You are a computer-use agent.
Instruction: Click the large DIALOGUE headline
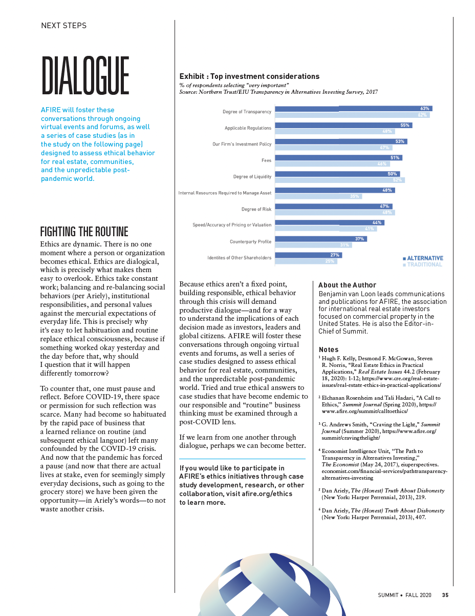[x=85, y=76]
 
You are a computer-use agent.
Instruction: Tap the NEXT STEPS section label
[x=63, y=25]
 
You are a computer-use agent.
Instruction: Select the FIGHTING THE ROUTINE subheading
[x=84, y=231]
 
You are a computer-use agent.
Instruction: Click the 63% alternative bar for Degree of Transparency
[x=353, y=109]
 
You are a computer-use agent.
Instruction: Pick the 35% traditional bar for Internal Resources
[x=318, y=196]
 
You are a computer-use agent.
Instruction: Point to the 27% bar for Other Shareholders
[x=308, y=255]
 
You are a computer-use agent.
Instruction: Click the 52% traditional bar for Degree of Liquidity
[x=339, y=180]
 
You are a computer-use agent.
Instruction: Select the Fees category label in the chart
[x=266, y=160]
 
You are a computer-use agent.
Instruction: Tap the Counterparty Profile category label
[x=250, y=241]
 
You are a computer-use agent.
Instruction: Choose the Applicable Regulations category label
[x=248, y=128]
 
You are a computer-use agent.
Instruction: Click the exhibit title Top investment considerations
[x=249, y=76]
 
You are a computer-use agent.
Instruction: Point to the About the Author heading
[x=347, y=285]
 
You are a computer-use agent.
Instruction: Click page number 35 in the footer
[x=445, y=595]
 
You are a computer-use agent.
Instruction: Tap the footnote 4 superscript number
[x=320, y=450]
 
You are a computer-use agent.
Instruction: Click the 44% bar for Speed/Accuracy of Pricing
[x=330, y=222]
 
